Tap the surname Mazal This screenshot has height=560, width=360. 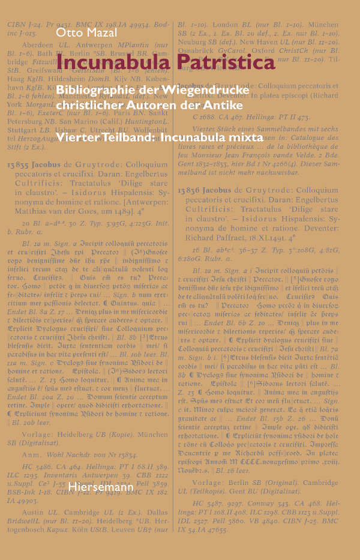coord(100,32)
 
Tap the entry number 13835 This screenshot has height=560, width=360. coord(19,167)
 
